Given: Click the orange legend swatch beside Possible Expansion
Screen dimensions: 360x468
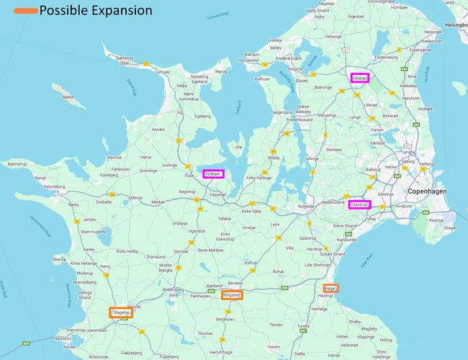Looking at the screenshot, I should (x=19, y=11).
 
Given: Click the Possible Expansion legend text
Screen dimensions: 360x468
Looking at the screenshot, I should (x=95, y=11).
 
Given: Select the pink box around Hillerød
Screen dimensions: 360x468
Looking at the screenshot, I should (x=359, y=78).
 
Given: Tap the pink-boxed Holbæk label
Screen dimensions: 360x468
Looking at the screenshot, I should (x=213, y=174).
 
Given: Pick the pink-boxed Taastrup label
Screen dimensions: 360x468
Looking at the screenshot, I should (x=359, y=204).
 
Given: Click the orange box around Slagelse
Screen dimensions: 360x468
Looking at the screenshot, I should (x=120, y=312).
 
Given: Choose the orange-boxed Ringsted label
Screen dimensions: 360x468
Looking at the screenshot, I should (x=231, y=294).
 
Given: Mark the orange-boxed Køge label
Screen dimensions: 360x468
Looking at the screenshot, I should (x=330, y=289).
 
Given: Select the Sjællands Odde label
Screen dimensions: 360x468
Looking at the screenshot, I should (x=120, y=62).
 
